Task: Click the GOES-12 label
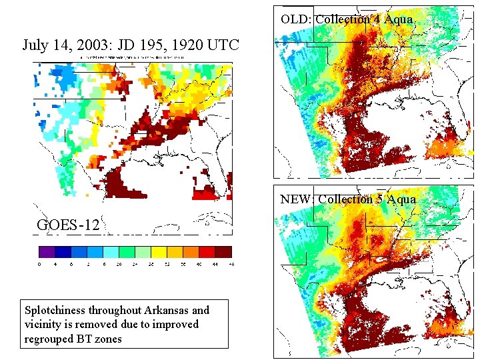point(68,225)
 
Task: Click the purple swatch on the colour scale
point(46,252)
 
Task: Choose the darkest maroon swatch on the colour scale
point(223,252)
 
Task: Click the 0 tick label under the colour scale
point(39,265)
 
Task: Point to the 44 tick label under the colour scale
point(215,265)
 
